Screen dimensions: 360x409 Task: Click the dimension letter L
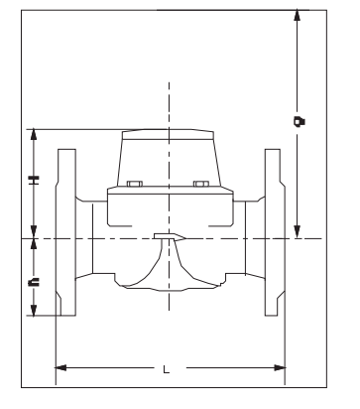click(167, 369)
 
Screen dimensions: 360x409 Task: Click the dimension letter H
click(34, 180)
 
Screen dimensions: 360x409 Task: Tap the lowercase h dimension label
click(34, 282)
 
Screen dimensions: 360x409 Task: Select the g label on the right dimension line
click(300, 121)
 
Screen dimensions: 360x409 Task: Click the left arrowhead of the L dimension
click(60, 367)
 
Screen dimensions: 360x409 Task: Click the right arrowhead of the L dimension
click(280, 367)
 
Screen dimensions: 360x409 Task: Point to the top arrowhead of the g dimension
click(298, 16)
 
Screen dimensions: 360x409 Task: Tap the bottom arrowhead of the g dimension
click(298, 231)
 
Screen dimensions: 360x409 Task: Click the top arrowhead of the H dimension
click(34, 135)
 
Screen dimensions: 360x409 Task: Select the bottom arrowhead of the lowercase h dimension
click(34, 310)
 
